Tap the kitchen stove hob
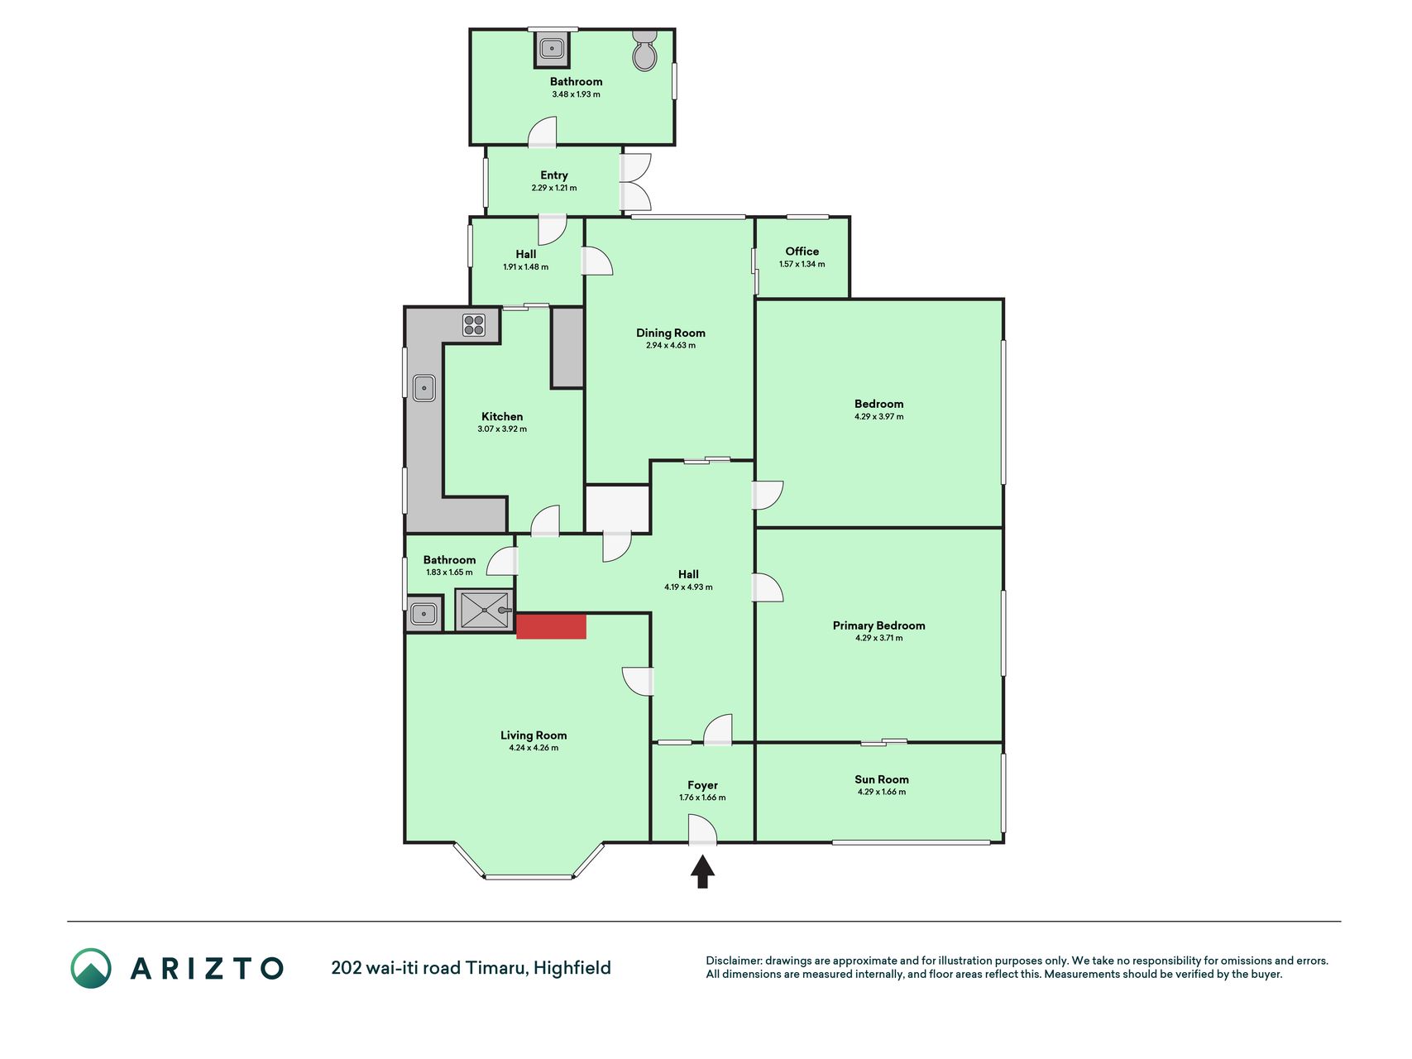pyautogui.click(x=474, y=324)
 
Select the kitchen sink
pyautogui.click(x=424, y=387)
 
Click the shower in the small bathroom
pyautogui.click(x=485, y=610)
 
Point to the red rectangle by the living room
pyautogui.click(x=552, y=626)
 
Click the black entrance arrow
pyautogui.click(x=702, y=871)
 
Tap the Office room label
pyautogui.click(x=802, y=252)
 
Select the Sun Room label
pyautogui.click(x=882, y=779)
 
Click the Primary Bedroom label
pyautogui.click(x=879, y=625)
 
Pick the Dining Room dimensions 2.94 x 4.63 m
pyautogui.click(x=671, y=346)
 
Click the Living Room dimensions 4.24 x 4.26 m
pyautogui.click(x=534, y=748)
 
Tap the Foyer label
pyautogui.click(x=702, y=785)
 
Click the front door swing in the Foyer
pyautogui.click(x=702, y=830)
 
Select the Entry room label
pyautogui.click(x=554, y=175)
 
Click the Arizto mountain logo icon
pyautogui.click(x=91, y=968)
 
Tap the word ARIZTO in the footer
pyautogui.click(x=207, y=968)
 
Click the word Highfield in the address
pyautogui.click(x=572, y=968)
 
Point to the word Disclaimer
pyautogui.click(x=733, y=961)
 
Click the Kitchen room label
pyautogui.click(x=502, y=417)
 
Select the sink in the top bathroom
pyautogui.click(x=552, y=49)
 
